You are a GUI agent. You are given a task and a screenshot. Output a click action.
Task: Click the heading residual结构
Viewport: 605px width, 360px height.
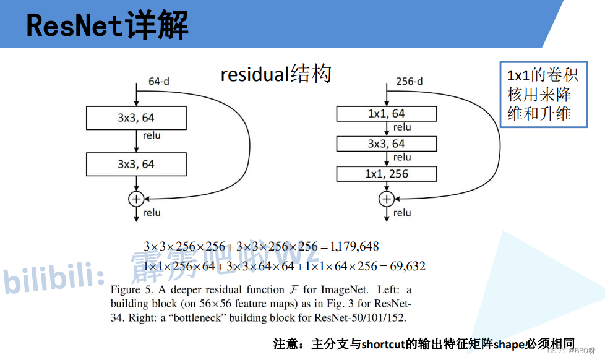click(x=276, y=74)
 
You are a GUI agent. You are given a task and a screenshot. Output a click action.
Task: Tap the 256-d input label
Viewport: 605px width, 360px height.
click(x=409, y=81)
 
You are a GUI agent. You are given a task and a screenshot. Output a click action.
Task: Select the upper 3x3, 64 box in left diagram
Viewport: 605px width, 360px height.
click(x=136, y=118)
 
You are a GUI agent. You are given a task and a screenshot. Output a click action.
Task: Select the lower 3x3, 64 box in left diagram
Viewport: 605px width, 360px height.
click(x=136, y=165)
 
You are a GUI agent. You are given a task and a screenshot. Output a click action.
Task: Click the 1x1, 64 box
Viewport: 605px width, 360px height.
click(x=387, y=114)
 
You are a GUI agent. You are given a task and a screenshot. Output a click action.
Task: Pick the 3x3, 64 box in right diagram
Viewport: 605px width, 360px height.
click(x=387, y=144)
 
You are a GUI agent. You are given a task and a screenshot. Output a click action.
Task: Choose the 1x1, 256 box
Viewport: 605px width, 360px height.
click(x=387, y=174)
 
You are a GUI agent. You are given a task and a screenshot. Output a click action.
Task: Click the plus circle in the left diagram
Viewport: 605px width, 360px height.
click(x=135, y=199)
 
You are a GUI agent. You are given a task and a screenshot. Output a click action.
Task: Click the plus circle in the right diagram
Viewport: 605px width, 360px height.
click(x=387, y=199)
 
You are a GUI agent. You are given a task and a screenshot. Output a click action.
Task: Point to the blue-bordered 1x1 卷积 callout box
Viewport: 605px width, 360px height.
click(x=543, y=95)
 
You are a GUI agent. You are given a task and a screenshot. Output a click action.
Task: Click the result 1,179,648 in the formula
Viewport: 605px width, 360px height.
click(x=354, y=246)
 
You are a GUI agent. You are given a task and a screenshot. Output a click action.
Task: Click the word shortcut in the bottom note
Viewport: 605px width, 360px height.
click(x=383, y=344)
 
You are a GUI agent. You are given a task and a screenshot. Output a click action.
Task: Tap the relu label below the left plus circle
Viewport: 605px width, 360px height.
click(x=152, y=213)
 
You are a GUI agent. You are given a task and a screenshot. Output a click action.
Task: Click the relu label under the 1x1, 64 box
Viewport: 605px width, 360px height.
click(x=402, y=127)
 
